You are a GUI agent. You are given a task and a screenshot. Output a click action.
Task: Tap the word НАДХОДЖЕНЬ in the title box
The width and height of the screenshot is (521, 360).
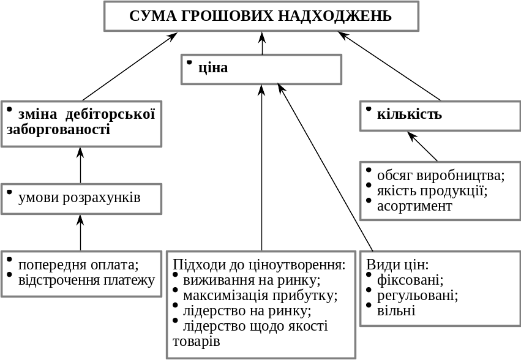(x=335, y=16)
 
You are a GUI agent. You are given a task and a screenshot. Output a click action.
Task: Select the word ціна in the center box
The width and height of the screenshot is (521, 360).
(x=213, y=67)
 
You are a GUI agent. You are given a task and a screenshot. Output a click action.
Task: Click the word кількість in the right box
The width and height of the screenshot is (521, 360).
(x=410, y=114)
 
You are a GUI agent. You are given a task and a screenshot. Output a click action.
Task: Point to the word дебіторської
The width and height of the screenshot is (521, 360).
(x=110, y=114)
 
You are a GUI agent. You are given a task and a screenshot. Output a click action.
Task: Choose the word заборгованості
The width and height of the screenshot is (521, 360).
(x=59, y=129)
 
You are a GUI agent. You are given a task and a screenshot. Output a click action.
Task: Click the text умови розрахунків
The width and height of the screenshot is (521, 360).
(x=80, y=198)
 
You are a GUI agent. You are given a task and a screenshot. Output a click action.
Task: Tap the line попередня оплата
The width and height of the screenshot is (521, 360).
(x=78, y=265)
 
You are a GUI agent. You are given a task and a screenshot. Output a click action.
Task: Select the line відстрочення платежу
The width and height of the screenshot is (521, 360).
(x=86, y=280)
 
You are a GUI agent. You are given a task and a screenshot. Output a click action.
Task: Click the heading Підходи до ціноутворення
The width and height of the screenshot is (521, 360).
(x=260, y=264)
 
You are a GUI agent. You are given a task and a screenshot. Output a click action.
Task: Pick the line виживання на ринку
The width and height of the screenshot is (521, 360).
(x=252, y=280)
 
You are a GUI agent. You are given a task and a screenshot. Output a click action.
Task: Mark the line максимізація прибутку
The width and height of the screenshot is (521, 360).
(x=260, y=296)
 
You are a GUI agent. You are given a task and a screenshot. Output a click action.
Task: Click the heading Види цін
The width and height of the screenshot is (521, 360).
(x=397, y=264)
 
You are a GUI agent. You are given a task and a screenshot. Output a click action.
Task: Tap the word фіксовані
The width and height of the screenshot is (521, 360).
(x=410, y=280)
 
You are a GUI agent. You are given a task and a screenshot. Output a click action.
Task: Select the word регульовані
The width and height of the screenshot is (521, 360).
(x=418, y=296)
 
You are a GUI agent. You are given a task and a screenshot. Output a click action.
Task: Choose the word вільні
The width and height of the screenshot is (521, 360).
(x=396, y=310)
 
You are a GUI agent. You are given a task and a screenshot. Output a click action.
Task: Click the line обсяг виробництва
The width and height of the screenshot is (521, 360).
(x=441, y=176)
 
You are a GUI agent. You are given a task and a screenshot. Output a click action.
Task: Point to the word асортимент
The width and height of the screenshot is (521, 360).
(x=414, y=206)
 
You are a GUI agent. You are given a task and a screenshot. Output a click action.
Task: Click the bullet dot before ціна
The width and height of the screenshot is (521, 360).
(x=189, y=62)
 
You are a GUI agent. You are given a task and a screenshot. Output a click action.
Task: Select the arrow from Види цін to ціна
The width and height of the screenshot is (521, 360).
(x=325, y=167)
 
